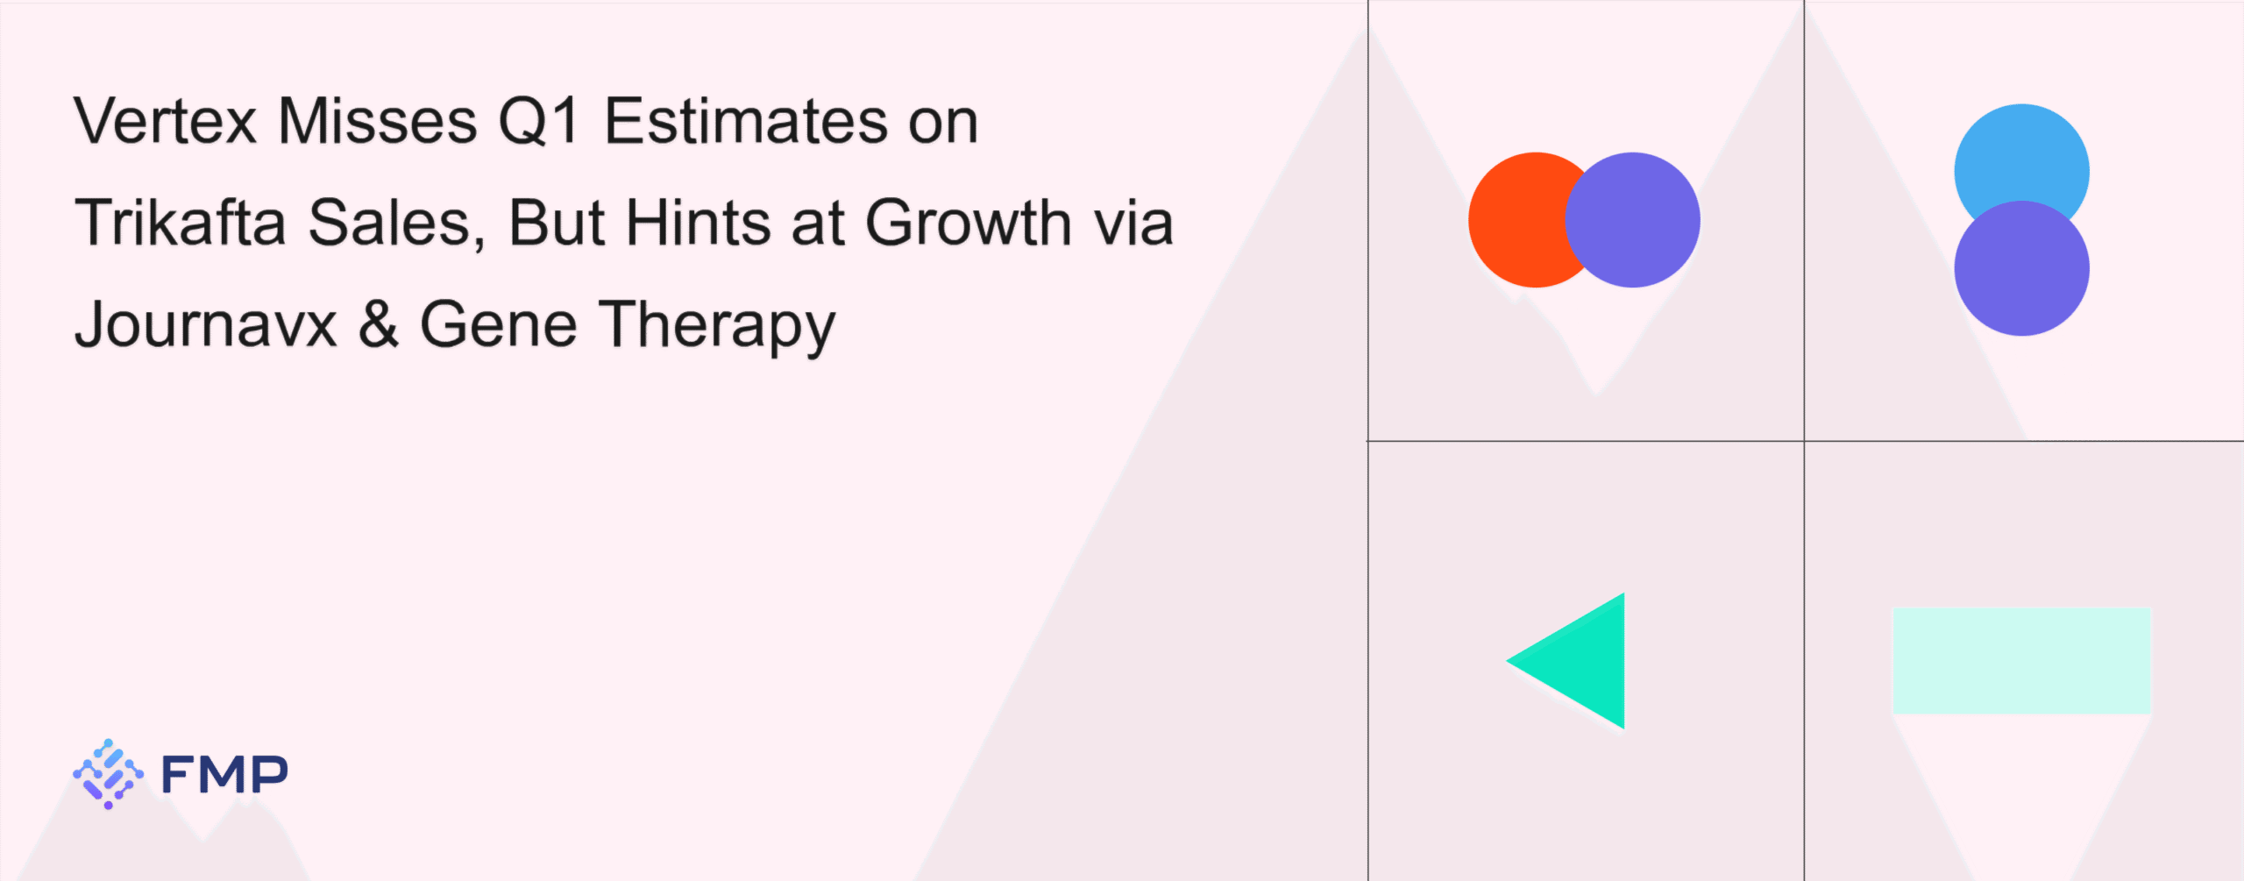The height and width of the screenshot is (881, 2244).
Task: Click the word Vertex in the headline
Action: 166,121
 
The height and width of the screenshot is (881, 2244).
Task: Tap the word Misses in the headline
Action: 378,121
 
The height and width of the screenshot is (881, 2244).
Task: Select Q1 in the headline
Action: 539,122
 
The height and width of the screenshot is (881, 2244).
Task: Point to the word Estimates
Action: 746,121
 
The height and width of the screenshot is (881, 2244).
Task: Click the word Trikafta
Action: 181,223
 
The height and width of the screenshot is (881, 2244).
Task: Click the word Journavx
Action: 206,325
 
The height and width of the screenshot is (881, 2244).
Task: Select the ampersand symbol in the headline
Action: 379,324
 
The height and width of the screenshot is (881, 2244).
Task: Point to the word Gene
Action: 499,324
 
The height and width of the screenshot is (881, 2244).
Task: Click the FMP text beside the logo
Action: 224,774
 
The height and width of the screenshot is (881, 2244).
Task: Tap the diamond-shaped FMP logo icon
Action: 109,774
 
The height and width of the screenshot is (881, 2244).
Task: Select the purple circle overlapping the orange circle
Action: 1632,220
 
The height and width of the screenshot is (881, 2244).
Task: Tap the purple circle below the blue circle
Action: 2021,268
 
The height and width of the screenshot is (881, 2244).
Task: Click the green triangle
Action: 1584,661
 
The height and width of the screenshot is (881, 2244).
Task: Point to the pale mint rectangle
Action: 2021,660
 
